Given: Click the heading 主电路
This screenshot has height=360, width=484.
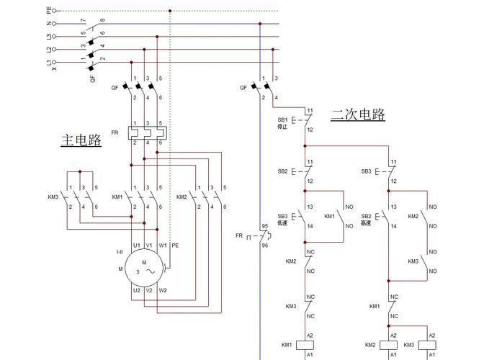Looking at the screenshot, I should [x=81, y=140].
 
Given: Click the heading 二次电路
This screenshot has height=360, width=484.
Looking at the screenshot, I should [x=358, y=114].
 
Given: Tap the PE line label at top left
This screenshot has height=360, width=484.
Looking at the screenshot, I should [x=49, y=11].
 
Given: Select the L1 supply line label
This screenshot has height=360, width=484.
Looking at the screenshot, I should [x=49, y=63].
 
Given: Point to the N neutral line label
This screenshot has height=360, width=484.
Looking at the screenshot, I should [x=49, y=24].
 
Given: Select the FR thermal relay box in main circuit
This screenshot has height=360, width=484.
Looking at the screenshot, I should [x=147, y=132].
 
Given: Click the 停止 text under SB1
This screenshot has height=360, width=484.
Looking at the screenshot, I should [x=282, y=127].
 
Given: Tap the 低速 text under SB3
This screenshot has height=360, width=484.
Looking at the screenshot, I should [x=282, y=223].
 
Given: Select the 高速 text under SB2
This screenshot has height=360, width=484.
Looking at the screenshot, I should [x=366, y=223].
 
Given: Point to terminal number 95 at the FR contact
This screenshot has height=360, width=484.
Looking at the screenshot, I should [x=264, y=226].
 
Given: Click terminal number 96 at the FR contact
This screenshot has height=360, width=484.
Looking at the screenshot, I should [x=264, y=245].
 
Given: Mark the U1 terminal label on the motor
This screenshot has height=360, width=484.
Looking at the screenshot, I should [x=136, y=245].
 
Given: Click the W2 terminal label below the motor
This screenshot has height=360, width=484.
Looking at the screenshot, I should [x=163, y=290].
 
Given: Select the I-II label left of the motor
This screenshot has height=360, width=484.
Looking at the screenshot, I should [x=120, y=251].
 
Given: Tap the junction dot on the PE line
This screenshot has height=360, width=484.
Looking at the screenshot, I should [x=170, y=11].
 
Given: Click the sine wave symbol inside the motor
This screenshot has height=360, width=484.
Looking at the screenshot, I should [x=151, y=271].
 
